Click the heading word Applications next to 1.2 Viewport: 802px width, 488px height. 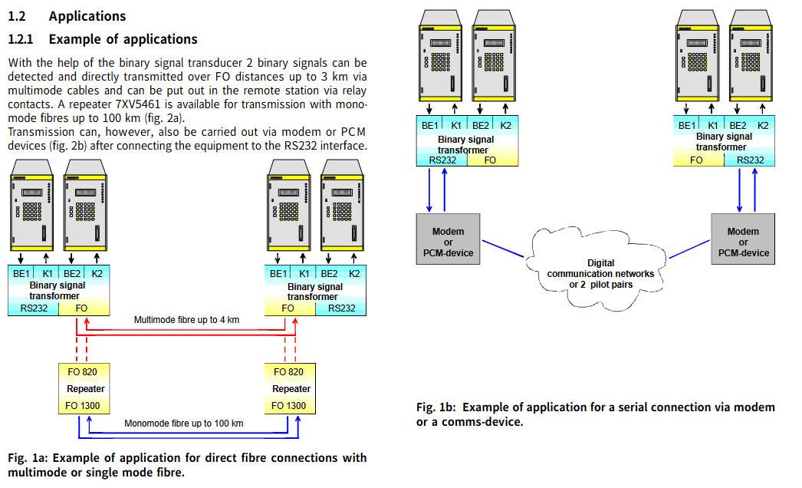[87, 15]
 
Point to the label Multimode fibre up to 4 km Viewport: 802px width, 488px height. [186, 319]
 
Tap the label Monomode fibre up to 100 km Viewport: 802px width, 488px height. [184, 423]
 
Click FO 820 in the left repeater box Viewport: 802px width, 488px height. [83, 372]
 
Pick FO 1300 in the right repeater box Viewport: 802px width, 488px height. [290, 406]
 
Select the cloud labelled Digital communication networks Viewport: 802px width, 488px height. [600, 264]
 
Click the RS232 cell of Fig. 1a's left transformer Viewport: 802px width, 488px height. [33, 308]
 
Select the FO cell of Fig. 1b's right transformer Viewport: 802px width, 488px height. [696, 160]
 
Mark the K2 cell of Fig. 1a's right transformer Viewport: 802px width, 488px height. [354, 273]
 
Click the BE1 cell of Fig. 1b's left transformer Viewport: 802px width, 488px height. [429, 125]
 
